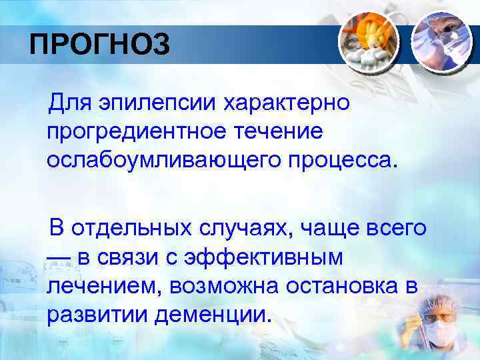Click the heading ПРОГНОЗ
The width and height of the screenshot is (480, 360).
[x=100, y=45]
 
